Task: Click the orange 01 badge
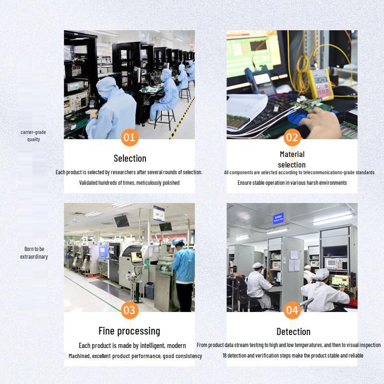[130, 137]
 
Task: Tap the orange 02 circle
[292, 137]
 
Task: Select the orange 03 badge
[130, 310]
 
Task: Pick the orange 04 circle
[292, 310]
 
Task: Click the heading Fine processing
[129, 331]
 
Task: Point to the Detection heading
[293, 332]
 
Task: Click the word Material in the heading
[292, 154]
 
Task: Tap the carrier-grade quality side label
[33, 136]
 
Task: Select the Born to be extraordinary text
[34, 253]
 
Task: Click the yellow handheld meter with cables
[321, 84]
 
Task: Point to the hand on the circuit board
[321, 122]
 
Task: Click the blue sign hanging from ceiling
[278, 218]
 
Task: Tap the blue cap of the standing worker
[178, 242]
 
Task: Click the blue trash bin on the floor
[149, 290]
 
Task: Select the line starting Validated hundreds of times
[129, 183]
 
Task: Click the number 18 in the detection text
[225, 355]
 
